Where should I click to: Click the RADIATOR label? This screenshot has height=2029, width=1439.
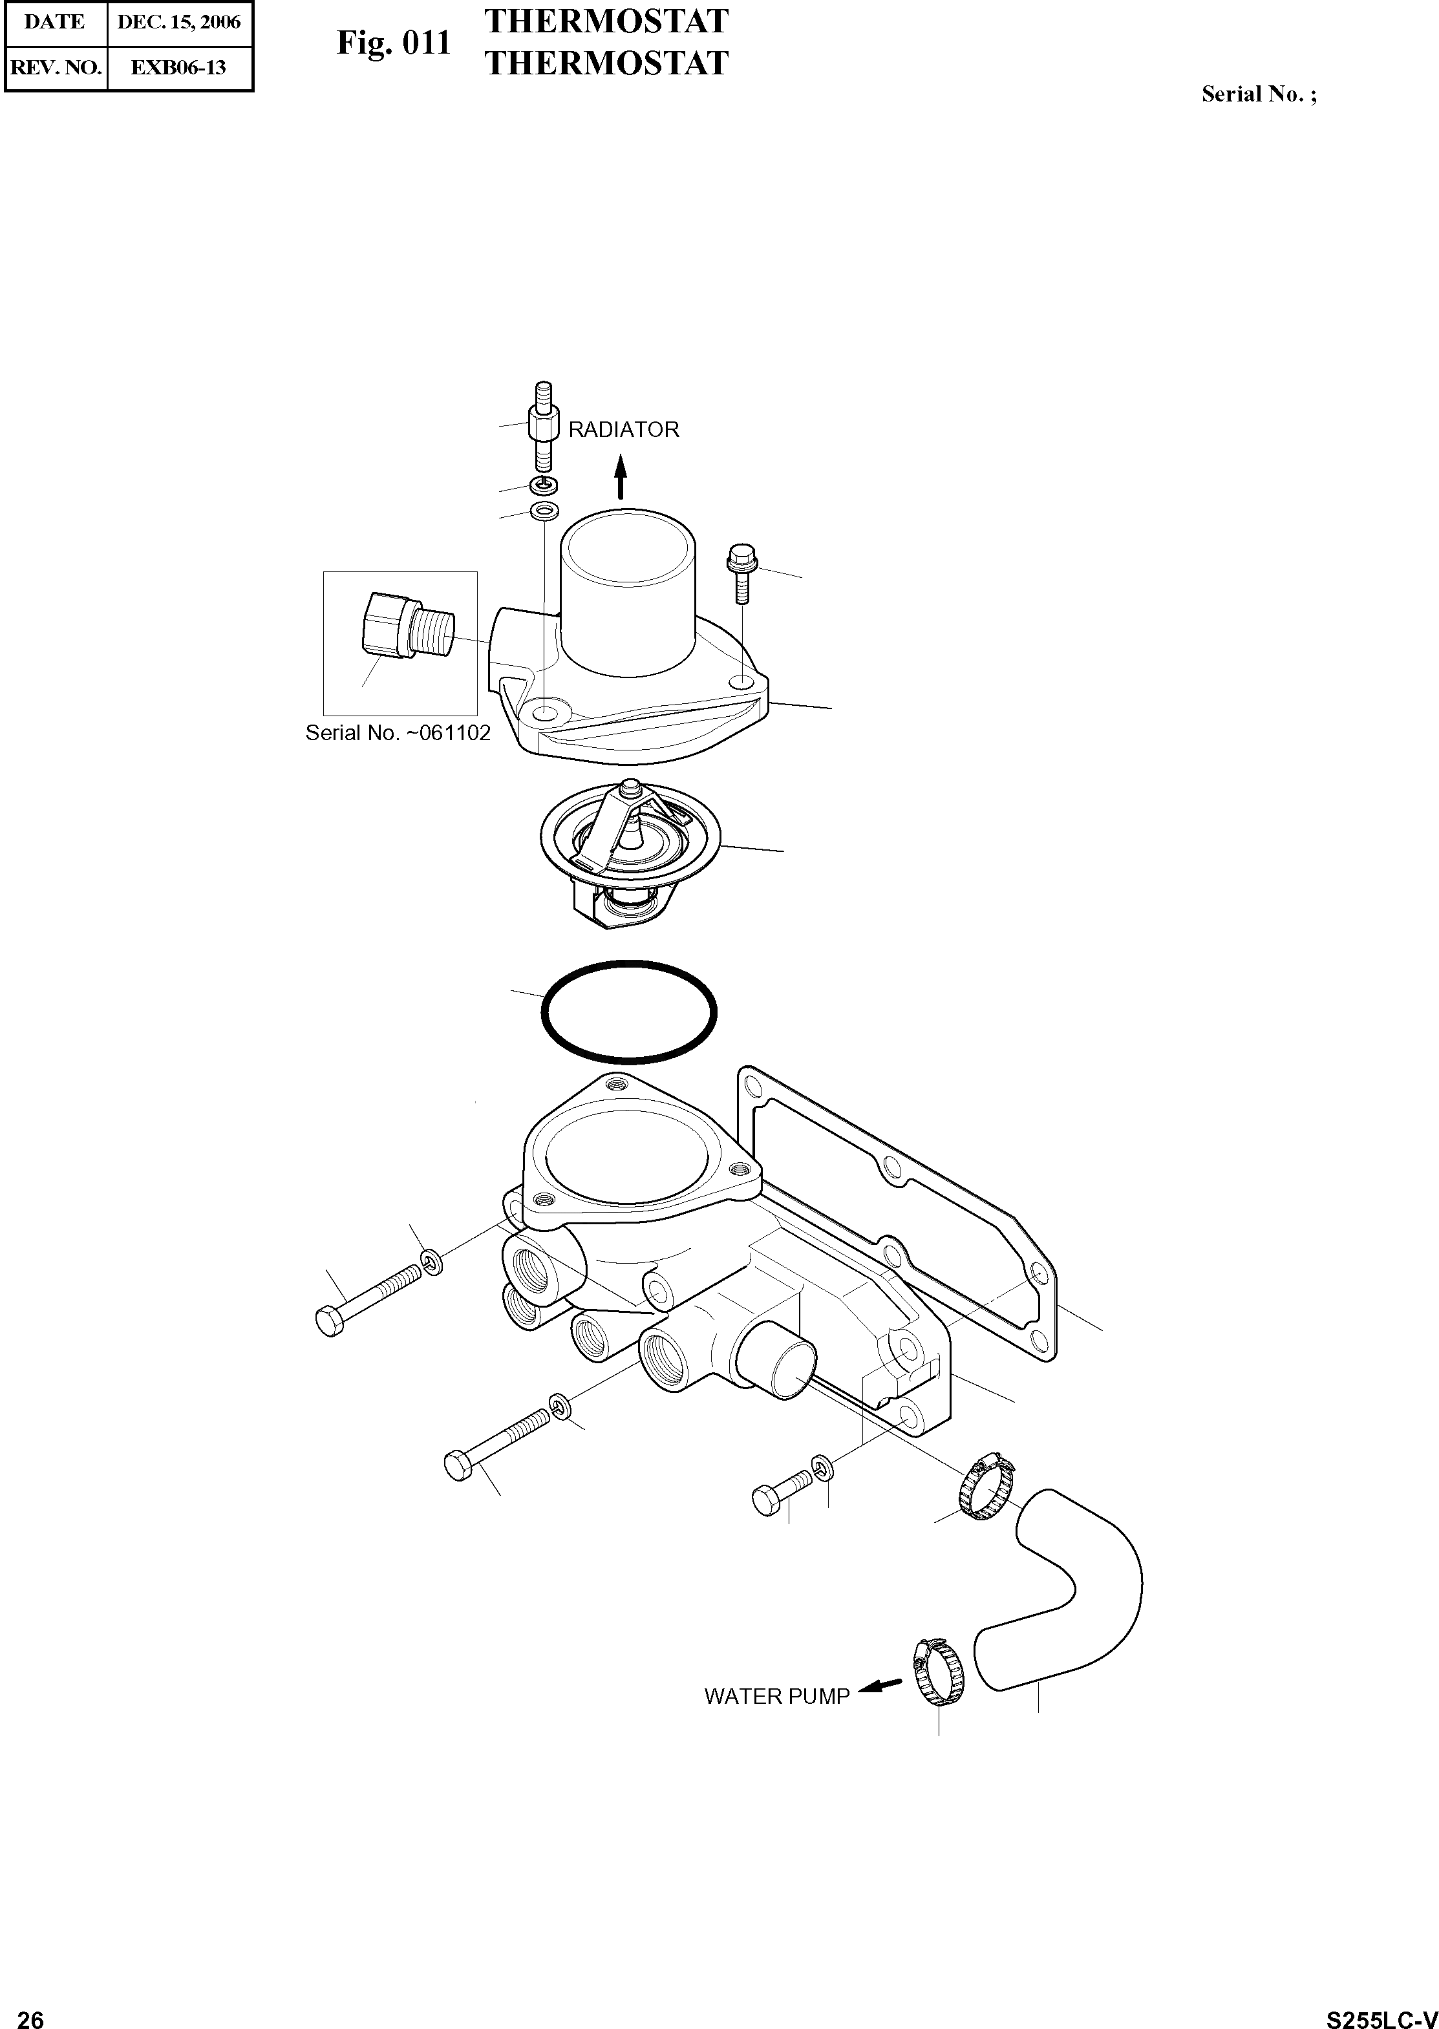click(x=623, y=430)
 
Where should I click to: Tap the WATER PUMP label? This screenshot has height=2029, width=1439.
click(x=776, y=1696)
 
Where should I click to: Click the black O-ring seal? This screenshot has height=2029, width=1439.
click(x=628, y=1011)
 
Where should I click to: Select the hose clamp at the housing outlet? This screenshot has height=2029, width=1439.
click(x=986, y=1486)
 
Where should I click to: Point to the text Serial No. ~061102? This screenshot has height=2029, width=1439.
click(x=398, y=734)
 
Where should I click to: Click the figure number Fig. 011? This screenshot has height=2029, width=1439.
click(x=394, y=43)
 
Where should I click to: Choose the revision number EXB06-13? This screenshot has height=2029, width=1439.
click(x=178, y=67)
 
